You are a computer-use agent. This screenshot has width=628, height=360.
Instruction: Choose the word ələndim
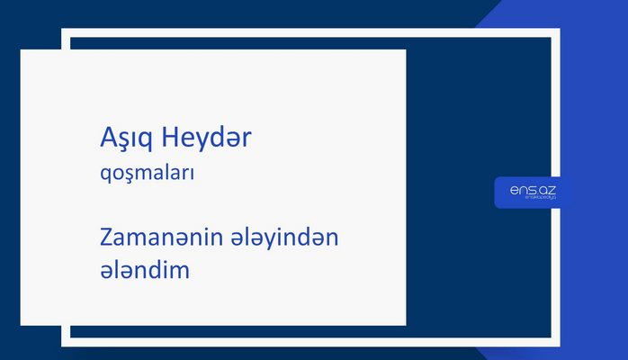coord(145,269)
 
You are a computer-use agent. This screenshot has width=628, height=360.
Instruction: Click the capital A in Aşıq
coord(108,140)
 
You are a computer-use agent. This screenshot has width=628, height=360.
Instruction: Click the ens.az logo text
coord(532,190)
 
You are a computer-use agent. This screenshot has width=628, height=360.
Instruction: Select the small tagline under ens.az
coord(533,199)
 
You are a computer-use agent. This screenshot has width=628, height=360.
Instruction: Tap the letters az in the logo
coord(546,189)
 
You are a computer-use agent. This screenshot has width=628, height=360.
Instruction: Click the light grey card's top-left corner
coord(22,50)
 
